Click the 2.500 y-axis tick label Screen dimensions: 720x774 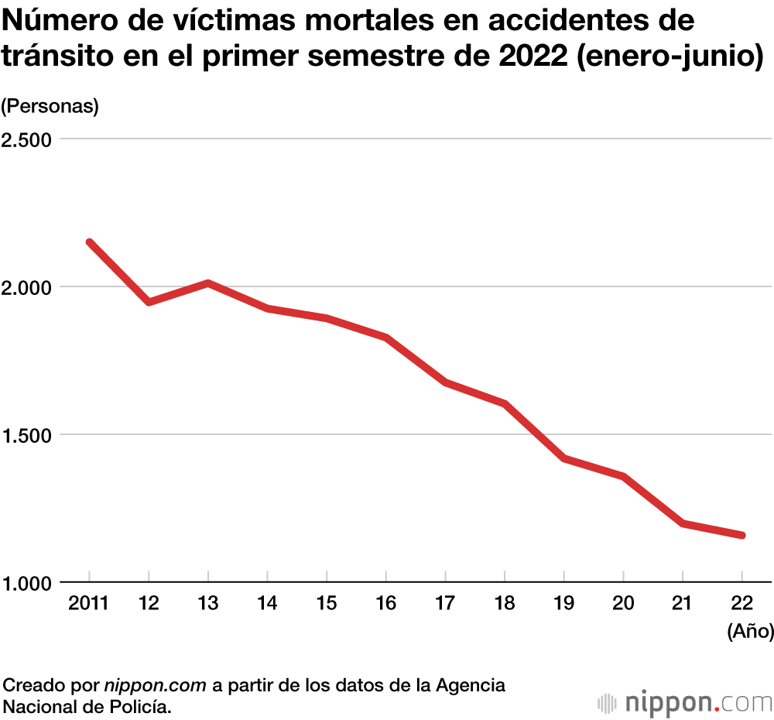coord(27,139)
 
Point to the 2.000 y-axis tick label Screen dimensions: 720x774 coord(27,287)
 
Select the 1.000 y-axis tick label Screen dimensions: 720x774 coord(27,582)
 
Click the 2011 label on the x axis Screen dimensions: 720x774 coord(88,604)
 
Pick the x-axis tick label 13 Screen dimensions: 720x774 coord(207,604)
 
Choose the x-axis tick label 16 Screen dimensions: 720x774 coord(385,604)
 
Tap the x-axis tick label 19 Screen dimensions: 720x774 coord(563,604)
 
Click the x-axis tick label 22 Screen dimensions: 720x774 coord(741,604)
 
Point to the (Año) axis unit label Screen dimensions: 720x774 coord(750,632)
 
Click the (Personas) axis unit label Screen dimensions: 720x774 coord(51,106)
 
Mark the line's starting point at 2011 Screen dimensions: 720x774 coord(90,242)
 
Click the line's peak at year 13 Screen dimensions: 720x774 coord(208,283)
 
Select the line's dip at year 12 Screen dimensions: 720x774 coord(149,301)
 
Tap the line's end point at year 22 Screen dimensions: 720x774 coord(741,535)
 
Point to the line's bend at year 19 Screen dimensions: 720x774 coord(563,458)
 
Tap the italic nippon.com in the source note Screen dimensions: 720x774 coord(155,685)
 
